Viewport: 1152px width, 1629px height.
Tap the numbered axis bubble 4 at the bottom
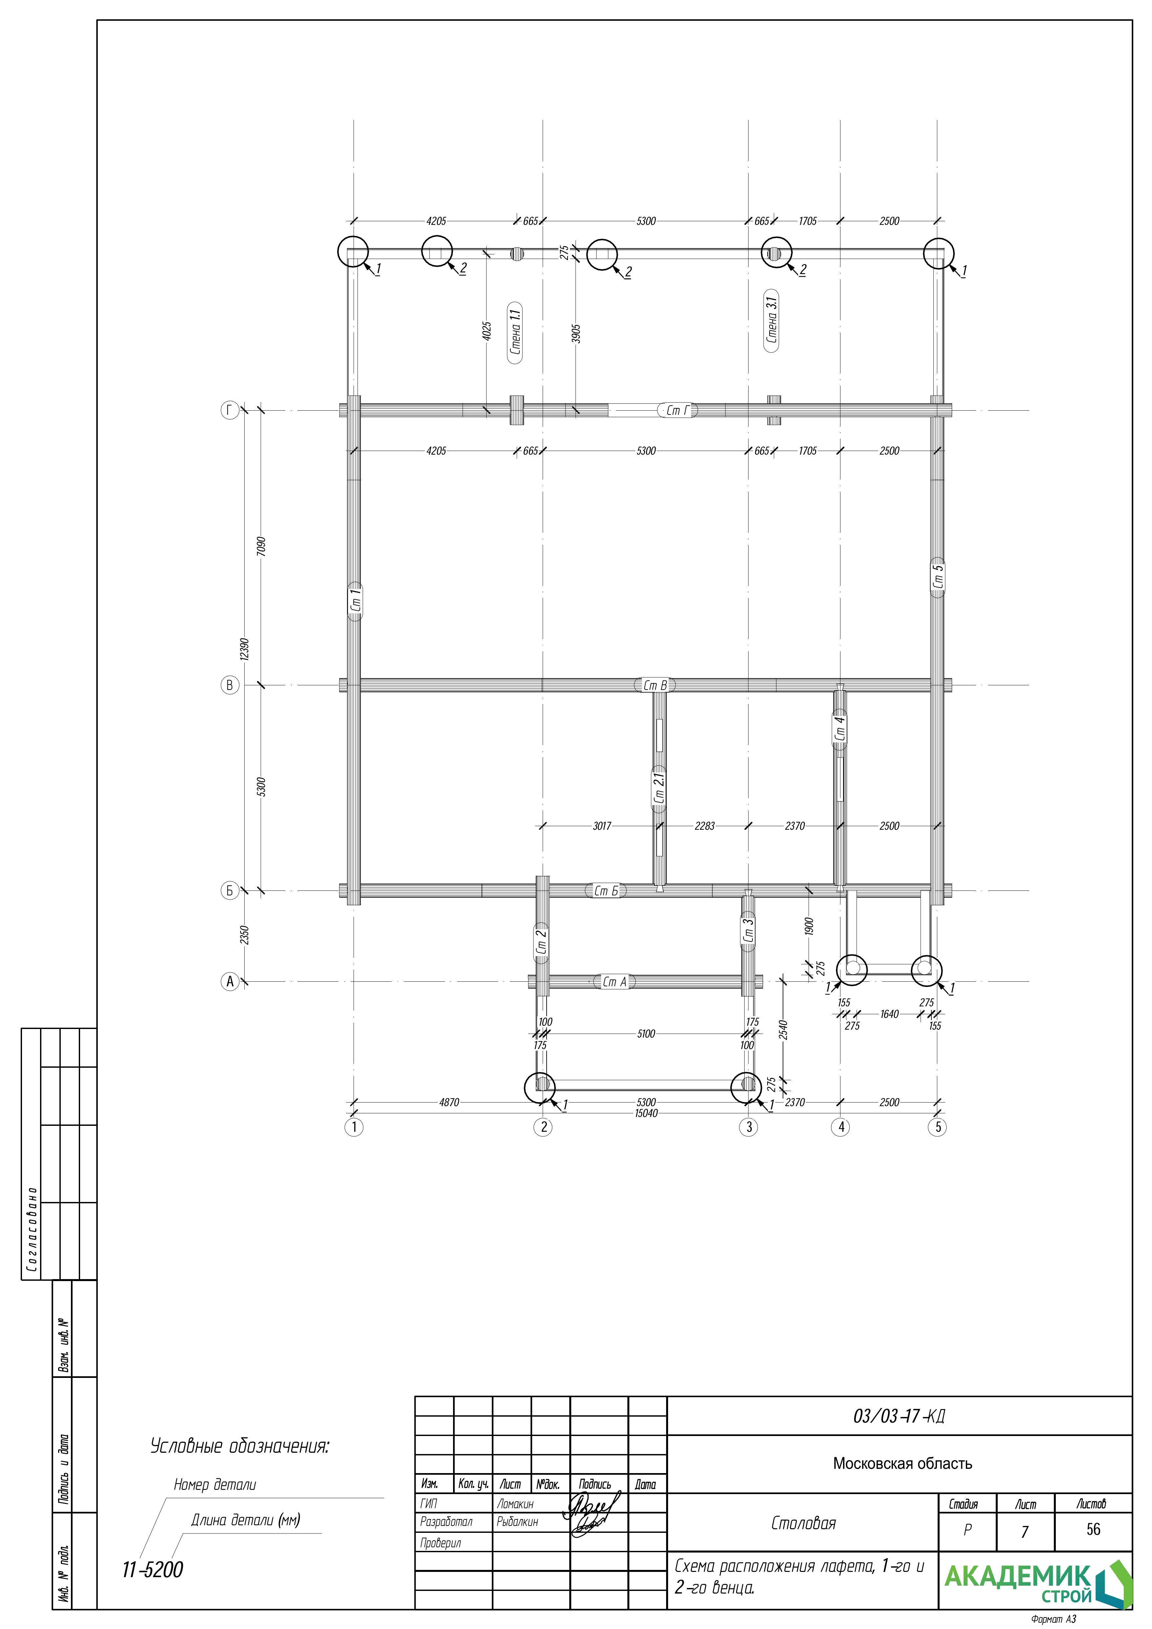pos(840,1127)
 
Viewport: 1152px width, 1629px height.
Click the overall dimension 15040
pos(646,1113)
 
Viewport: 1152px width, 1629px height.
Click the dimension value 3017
pos(602,826)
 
